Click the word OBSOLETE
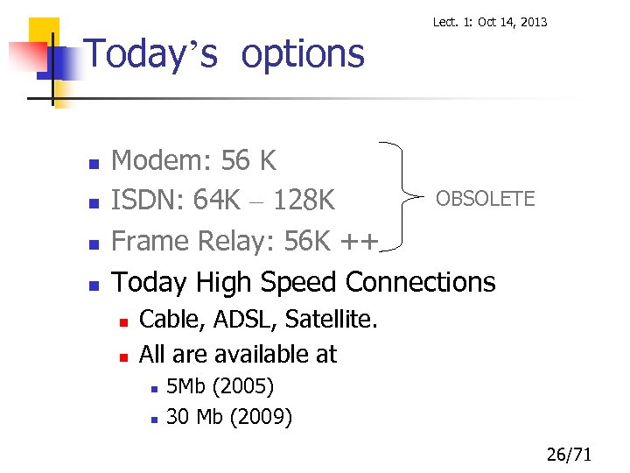point(485,199)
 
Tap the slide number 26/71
point(569,455)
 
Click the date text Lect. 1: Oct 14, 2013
point(490,21)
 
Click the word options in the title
point(302,53)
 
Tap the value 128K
point(303,201)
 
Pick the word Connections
point(421,282)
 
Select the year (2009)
point(261,417)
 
